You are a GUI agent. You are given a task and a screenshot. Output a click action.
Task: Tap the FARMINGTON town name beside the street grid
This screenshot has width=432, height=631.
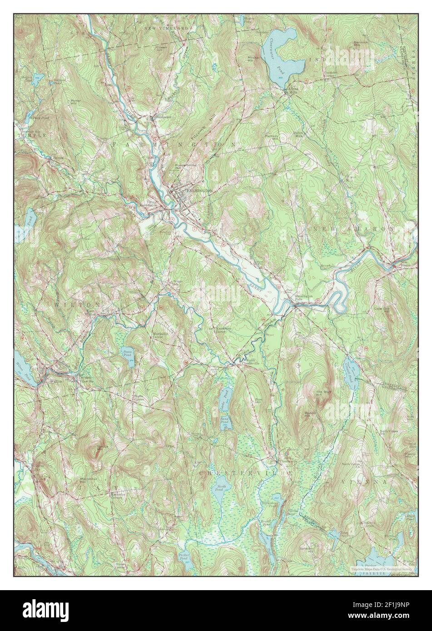[199, 192]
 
